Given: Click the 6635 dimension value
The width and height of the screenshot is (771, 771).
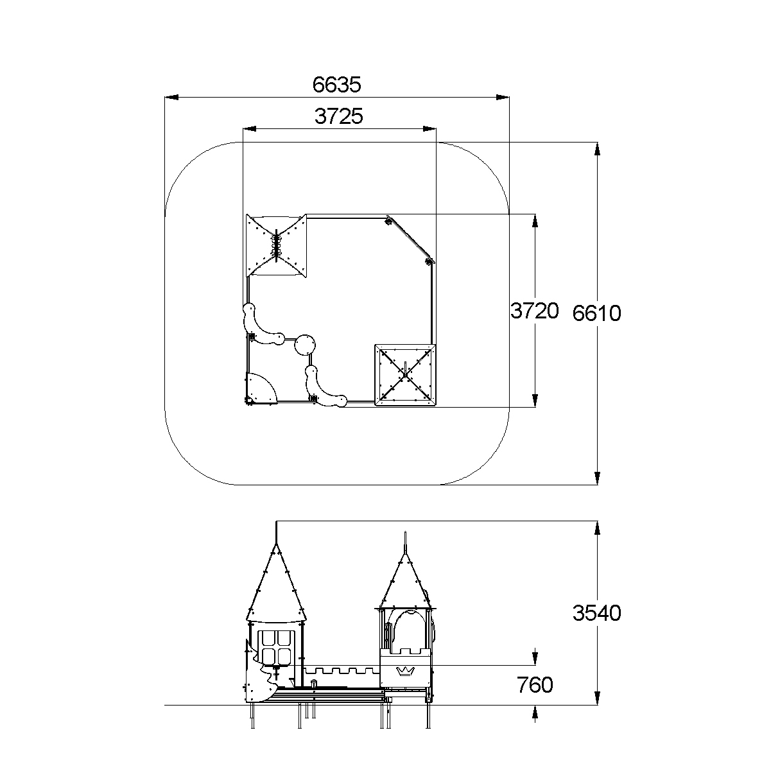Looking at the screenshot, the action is click(x=336, y=85).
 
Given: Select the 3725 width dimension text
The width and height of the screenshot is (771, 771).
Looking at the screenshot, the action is click(x=338, y=116).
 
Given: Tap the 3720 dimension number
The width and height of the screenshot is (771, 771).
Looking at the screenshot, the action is click(x=535, y=311).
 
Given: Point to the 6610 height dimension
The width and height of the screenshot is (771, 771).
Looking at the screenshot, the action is click(x=596, y=313).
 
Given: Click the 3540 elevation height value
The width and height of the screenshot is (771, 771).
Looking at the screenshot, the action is click(x=596, y=612).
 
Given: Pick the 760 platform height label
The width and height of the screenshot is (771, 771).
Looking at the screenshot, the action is click(x=535, y=684).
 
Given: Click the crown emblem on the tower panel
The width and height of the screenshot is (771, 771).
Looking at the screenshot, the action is click(x=405, y=671).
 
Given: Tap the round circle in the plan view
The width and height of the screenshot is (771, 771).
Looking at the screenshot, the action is click(x=305, y=345).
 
